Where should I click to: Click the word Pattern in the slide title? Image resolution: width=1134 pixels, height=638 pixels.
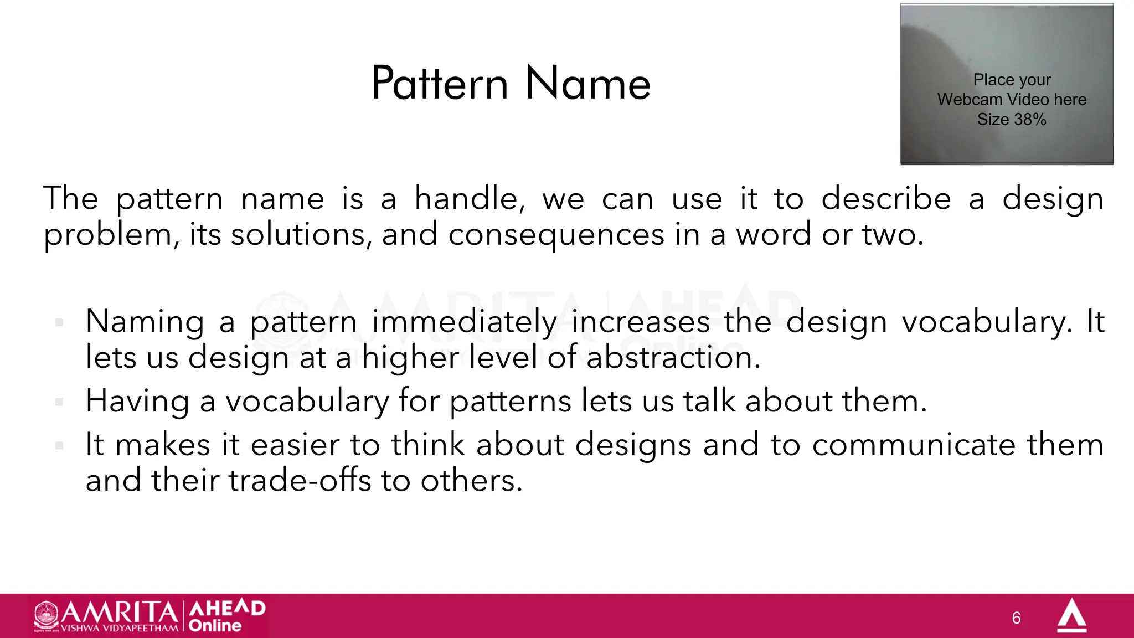[440, 84]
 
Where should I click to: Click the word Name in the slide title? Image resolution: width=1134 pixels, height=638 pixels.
[588, 84]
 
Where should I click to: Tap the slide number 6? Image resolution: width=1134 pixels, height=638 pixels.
[1016, 618]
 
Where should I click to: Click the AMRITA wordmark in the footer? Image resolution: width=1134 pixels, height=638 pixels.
[120, 612]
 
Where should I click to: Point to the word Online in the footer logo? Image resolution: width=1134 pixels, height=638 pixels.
[215, 626]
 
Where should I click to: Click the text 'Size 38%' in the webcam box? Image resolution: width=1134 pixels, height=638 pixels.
[1012, 119]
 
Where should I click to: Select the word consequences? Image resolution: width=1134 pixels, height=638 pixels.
[556, 235]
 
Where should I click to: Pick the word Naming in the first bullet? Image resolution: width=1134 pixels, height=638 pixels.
[145, 322]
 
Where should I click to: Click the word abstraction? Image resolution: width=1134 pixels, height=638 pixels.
[673, 358]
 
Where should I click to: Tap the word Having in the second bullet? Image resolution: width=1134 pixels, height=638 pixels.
[137, 402]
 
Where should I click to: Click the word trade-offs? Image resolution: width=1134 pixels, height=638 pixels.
[300, 480]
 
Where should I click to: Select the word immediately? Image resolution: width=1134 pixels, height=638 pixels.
[465, 322]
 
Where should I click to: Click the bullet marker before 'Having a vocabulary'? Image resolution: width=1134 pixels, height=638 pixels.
[59, 402]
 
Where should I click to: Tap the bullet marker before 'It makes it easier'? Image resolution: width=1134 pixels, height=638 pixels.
[59, 445]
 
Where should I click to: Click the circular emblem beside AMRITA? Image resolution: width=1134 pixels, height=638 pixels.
[47, 615]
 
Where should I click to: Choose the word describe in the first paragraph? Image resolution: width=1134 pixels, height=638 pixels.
[886, 199]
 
